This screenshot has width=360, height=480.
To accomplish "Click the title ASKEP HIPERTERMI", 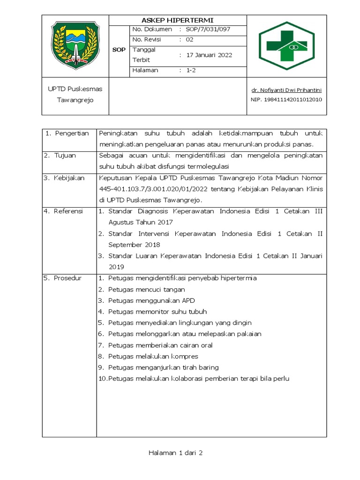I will point(177,20).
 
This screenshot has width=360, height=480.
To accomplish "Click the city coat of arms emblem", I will point(75,45).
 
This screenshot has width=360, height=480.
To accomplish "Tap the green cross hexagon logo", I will point(287,45).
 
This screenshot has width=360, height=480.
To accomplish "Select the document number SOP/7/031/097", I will point(208,30).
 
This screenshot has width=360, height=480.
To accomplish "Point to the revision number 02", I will point(190,40).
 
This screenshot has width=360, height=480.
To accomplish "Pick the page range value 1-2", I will point(191,70).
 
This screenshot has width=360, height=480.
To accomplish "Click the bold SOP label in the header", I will point(119,50).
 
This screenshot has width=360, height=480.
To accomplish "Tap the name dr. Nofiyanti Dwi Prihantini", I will point(286,90).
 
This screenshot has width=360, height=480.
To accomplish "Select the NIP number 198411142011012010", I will point(286,99).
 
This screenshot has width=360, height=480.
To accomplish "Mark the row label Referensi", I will point(68,211).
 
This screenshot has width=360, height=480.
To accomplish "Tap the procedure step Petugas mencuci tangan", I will point(146,290).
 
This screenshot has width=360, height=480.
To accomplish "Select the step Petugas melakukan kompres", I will point(153,356).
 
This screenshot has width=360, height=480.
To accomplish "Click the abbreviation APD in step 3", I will point(188,300).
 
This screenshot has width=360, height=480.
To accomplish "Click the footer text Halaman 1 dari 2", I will point(175,453).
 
